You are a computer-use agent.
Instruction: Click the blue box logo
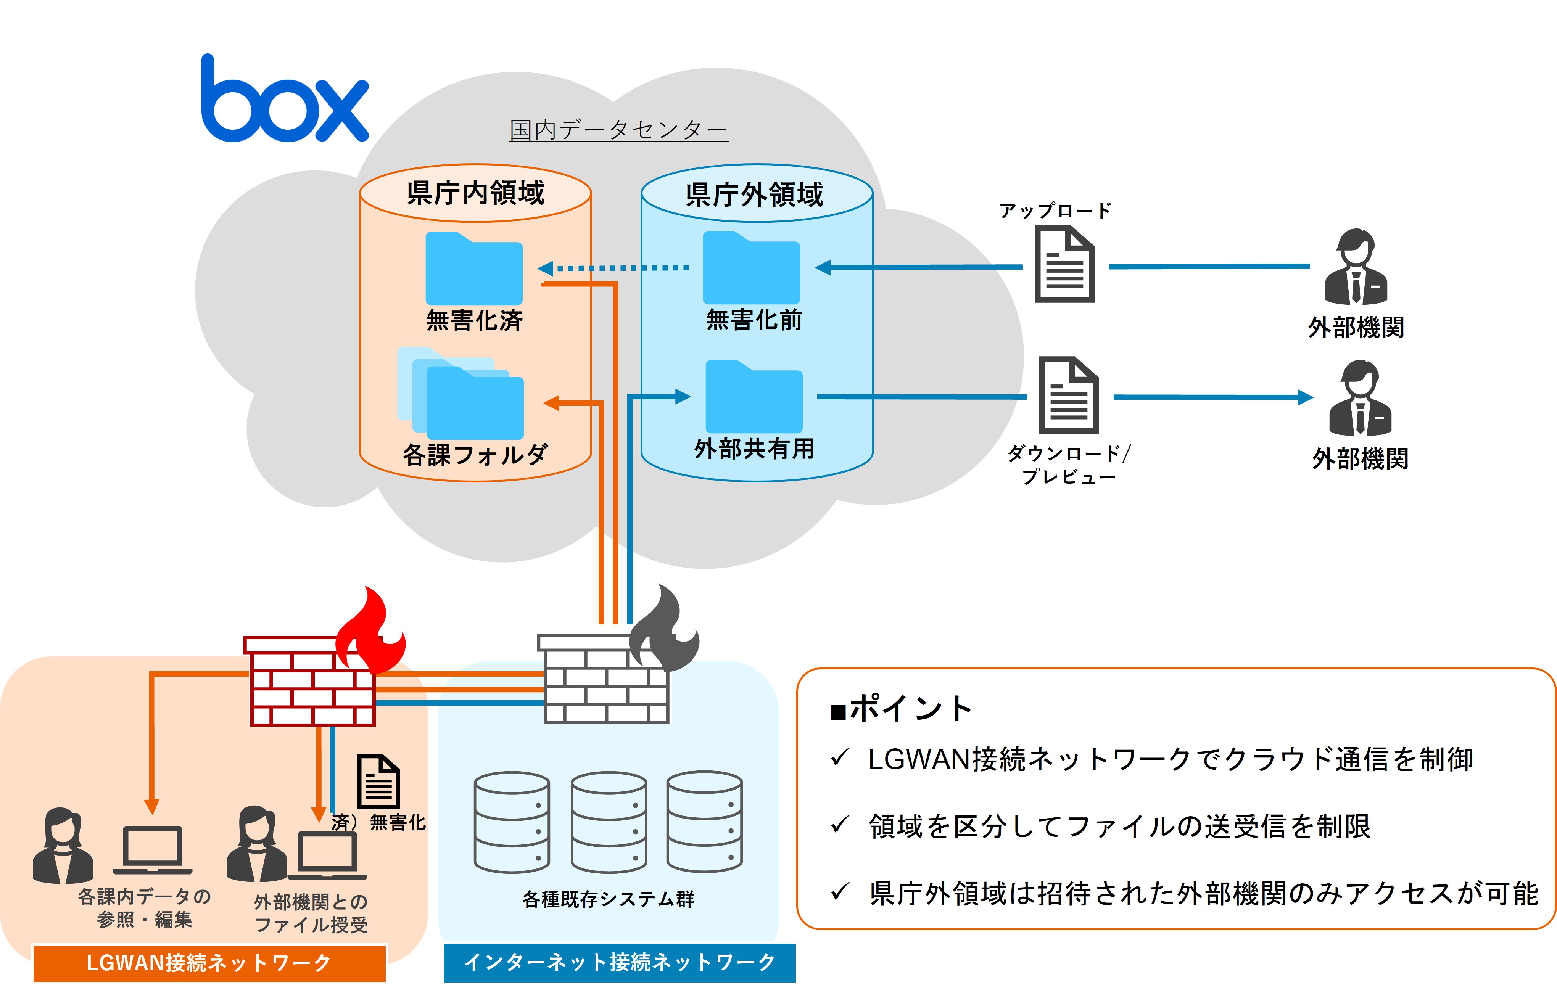tap(285, 100)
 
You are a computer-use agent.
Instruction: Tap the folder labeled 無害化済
tap(474, 269)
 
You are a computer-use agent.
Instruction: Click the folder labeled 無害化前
tap(751, 268)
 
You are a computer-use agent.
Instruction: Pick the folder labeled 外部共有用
tap(754, 397)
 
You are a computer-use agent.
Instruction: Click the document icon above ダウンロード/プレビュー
tap(1068, 395)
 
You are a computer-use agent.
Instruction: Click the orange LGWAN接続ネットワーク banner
tap(209, 963)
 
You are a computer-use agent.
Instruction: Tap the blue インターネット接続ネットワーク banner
tap(620, 963)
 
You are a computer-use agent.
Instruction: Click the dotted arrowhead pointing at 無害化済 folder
tap(546, 268)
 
